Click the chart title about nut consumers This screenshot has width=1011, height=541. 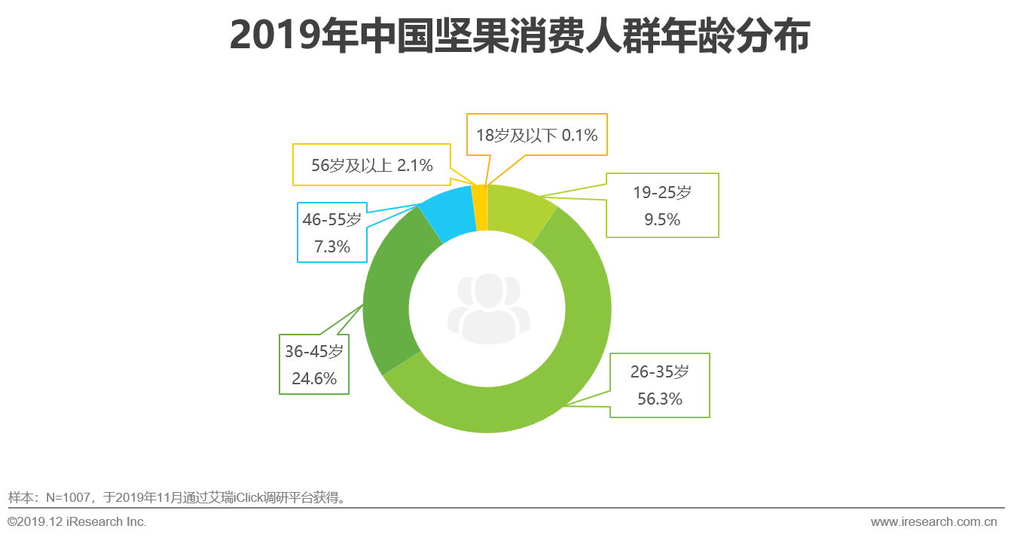click(x=519, y=35)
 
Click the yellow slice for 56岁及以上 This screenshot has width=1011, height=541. click(x=479, y=207)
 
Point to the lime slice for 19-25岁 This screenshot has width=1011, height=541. click(x=520, y=211)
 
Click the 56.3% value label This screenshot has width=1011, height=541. click(x=659, y=399)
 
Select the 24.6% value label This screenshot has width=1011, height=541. click(x=313, y=378)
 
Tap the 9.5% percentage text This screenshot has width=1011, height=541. click(x=661, y=220)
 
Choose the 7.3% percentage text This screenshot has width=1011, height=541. click(x=331, y=246)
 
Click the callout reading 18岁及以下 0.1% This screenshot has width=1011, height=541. click(x=536, y=135)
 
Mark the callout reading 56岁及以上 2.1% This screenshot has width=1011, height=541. click(x=371, y=165)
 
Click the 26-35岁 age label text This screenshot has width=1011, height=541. click(x=659, y=371)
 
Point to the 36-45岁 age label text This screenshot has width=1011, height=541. click(x=313, y=351)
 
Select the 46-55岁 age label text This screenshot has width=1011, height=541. click(x=331, y=219)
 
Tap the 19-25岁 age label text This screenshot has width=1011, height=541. click(x=661, y=192)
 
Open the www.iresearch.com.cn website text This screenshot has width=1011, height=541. click(x=933, y=521)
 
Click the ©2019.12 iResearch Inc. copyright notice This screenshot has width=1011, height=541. click(x=77, y=521)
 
